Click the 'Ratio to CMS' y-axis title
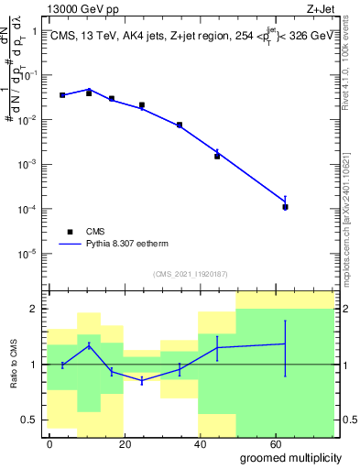[14, 365]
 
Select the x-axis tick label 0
[49, 443]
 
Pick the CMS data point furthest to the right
[286, 207]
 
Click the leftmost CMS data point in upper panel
[62, 95]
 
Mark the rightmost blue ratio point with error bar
[286, 344]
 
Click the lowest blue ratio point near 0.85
[142, 380]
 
